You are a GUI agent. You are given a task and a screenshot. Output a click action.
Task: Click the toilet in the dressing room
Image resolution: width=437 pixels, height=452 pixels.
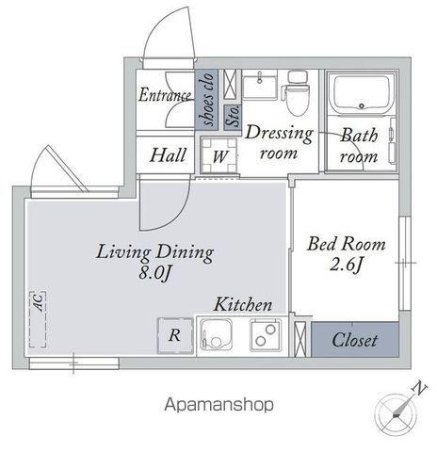click(296, 92)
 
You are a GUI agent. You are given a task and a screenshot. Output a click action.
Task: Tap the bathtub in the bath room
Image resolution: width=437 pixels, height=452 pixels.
click(363, 94)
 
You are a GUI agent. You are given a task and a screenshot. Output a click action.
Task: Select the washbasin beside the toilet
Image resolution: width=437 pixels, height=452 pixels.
click(260, 84)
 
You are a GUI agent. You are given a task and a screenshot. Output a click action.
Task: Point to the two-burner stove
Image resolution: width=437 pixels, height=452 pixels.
click(266, 334)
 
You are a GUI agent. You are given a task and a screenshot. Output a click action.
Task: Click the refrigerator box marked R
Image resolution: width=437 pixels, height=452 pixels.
click(175, 335)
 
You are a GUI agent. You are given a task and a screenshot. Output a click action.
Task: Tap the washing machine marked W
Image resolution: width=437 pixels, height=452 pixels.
click(219, 155)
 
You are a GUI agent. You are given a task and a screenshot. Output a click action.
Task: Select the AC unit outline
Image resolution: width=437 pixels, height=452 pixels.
click(38, 319)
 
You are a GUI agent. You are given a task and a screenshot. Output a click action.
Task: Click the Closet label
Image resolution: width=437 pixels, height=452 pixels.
click(355, 340)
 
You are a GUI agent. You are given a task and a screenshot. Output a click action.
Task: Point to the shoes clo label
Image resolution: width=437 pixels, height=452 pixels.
click(208, 99)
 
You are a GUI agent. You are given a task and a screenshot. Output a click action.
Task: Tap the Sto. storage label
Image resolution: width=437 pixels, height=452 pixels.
click(234, 117)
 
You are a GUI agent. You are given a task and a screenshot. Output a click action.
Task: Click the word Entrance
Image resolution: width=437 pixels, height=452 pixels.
click(165, 95)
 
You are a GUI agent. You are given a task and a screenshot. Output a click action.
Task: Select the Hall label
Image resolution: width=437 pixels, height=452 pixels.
click(168, 155)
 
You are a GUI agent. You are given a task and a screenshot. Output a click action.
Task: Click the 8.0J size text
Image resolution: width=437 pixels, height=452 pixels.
click(155, 272)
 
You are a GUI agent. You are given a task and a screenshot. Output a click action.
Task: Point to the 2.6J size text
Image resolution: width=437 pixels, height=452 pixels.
click(346, 266)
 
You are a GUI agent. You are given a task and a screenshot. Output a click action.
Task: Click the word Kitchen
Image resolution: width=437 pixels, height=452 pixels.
click(243, 304)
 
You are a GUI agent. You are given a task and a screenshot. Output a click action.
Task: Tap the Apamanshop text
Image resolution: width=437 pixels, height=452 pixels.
click(219, 405)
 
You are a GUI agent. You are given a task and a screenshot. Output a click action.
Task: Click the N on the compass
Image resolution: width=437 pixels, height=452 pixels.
click(419, 388)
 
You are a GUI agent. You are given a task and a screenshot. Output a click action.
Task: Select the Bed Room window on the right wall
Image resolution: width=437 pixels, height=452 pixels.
click(404, 263)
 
